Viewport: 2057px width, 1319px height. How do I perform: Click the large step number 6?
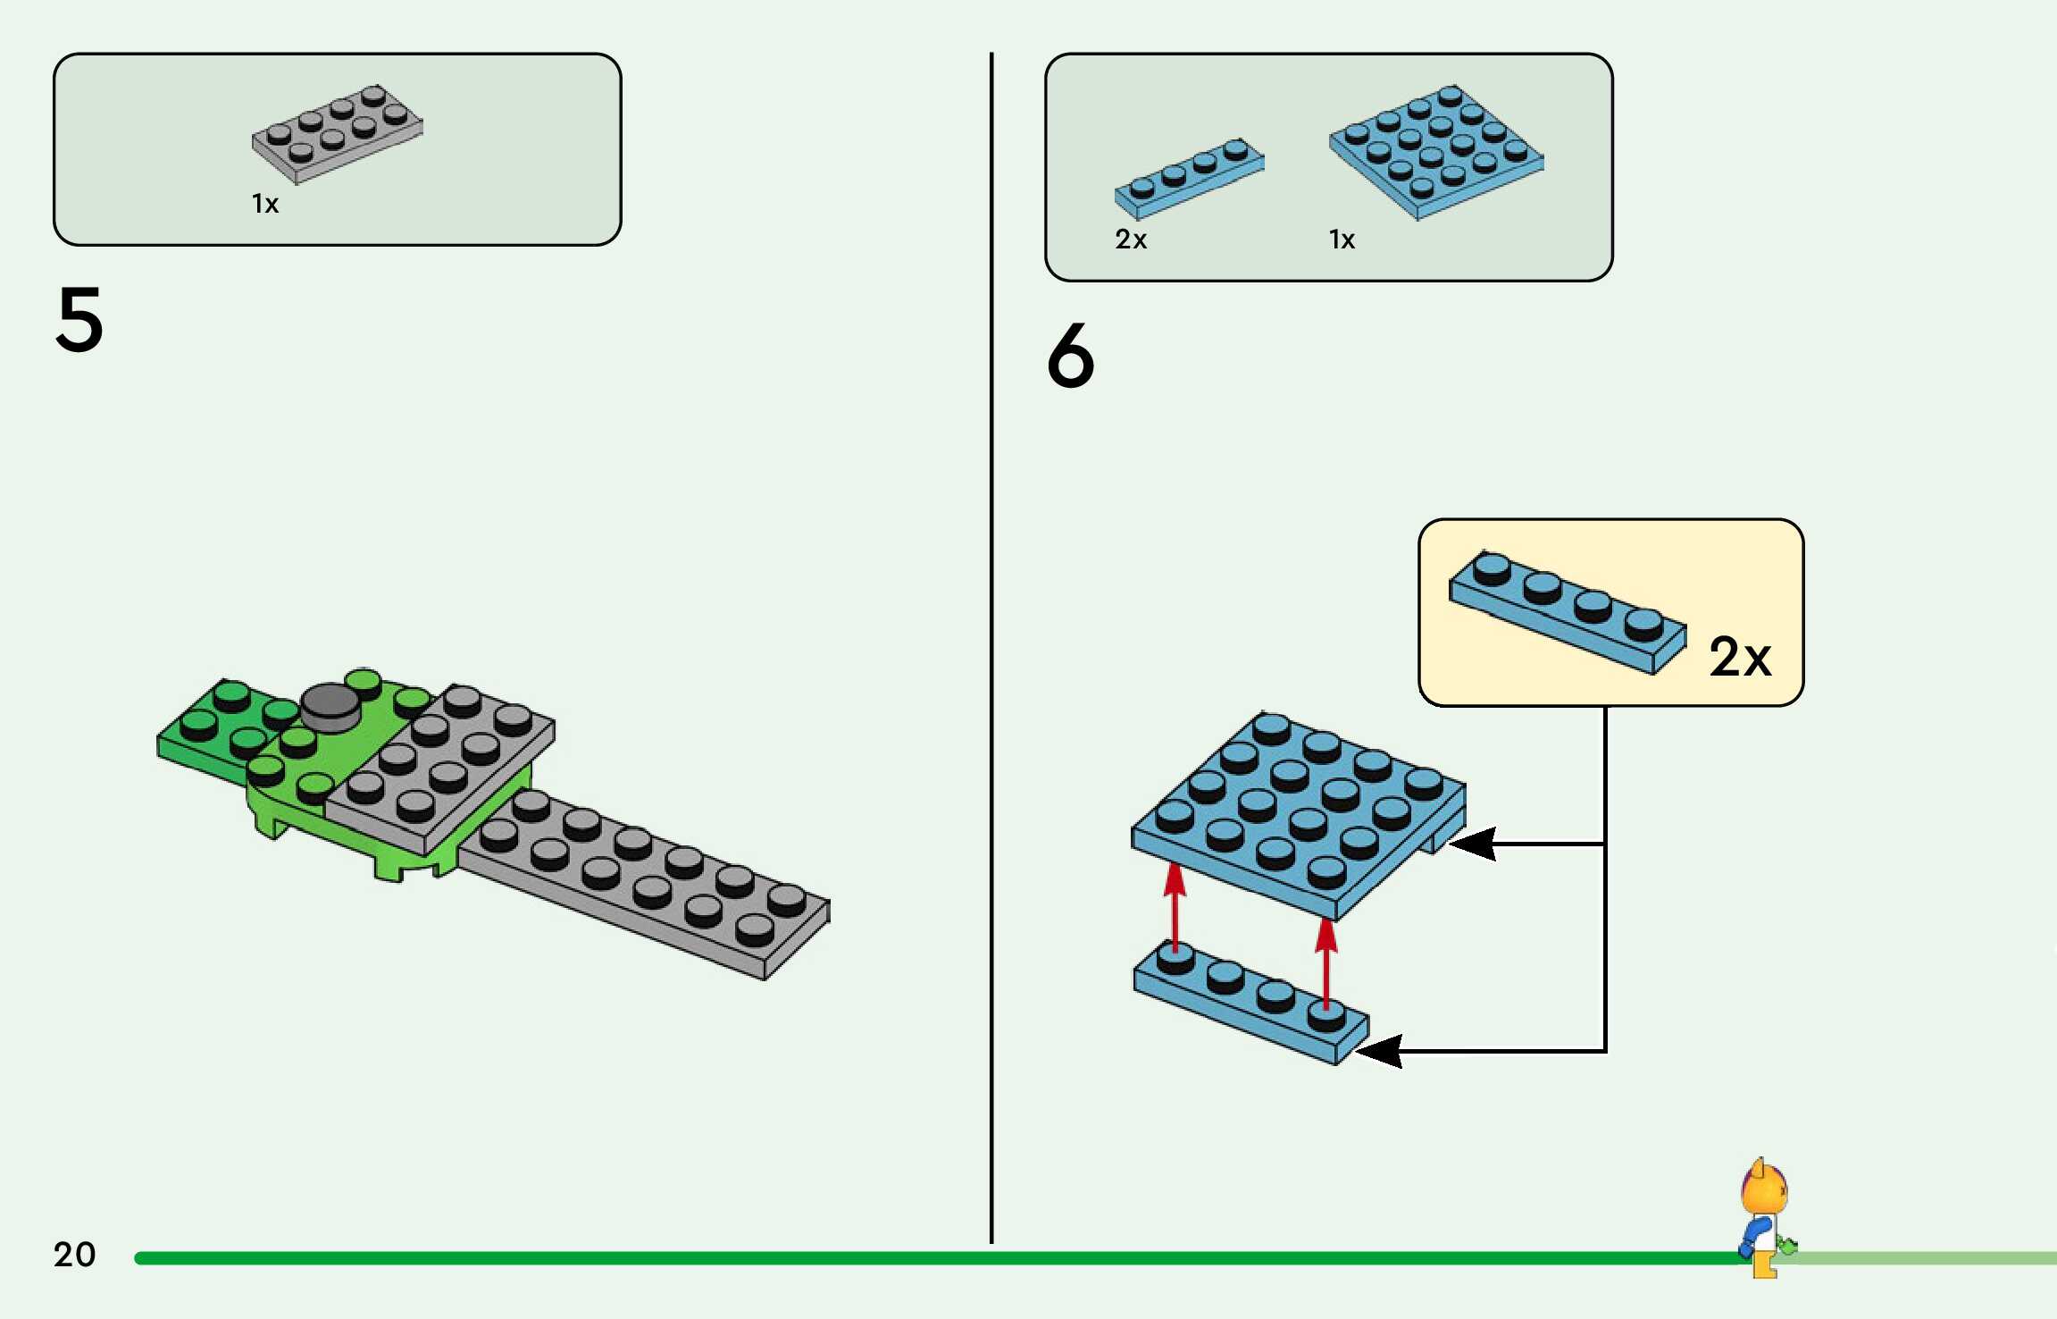[x=1070, y=355]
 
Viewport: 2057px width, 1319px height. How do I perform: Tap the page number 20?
[x=74, y=1254]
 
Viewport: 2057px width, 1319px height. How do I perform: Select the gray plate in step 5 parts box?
[x=338, y=134]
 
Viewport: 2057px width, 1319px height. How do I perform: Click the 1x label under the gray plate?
[x=265, y=204]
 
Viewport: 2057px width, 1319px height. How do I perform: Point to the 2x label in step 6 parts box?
[x=1131, y=239]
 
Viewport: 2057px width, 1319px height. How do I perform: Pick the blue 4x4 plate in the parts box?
[x=1436, y=152]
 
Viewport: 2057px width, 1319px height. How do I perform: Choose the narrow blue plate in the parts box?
[x=1190, y=179]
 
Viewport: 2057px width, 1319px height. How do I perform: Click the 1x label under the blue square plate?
[x=1342, y=239]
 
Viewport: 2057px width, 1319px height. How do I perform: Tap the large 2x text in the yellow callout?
[x=1740, y=657]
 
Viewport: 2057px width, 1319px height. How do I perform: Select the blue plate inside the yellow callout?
[x=1568, y=613]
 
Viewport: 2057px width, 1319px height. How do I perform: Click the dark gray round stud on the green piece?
[x=330, y=706]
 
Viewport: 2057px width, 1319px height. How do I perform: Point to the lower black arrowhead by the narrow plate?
[x=1378, y=1051]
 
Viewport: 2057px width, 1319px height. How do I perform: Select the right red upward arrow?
[x=1326, y=963]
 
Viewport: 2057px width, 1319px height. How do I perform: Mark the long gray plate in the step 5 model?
[x=643, y=885]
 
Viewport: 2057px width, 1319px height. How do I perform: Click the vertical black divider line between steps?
[x=991, y=648]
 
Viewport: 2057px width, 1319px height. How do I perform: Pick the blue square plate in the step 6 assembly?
[x=1299, y=815]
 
